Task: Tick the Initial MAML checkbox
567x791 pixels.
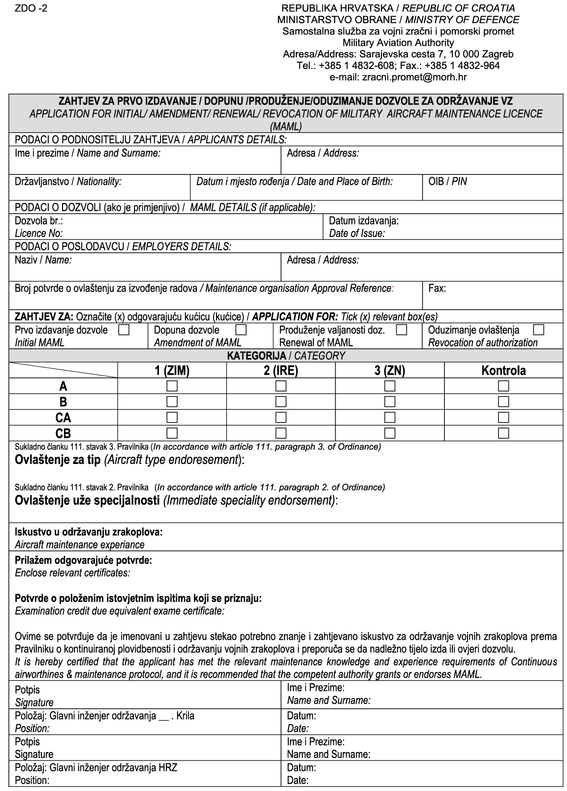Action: (124, 330)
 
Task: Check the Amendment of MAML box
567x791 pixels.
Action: (241, 330)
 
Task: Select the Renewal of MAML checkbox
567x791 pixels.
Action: (402, 330)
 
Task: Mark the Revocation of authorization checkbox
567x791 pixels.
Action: (538, 330)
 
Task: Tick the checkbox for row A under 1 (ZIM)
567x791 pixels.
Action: (172, 386)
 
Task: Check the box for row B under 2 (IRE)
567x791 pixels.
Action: (281, 401)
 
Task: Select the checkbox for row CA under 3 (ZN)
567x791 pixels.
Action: (390, 418)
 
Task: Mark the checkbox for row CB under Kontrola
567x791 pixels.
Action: (504, 433)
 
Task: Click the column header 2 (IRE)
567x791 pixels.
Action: (281, 371)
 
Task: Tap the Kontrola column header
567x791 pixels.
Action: (504, 371)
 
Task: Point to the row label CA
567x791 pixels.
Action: (63, 418)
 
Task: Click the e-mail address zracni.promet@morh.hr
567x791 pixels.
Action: (398, 77)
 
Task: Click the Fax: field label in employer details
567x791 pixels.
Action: (437, 289)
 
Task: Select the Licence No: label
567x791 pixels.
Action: (38, 233)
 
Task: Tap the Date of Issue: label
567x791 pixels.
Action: (357, 233)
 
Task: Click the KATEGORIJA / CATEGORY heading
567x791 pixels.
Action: (285, 356)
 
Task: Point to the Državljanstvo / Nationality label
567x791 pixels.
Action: (68, 182)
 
